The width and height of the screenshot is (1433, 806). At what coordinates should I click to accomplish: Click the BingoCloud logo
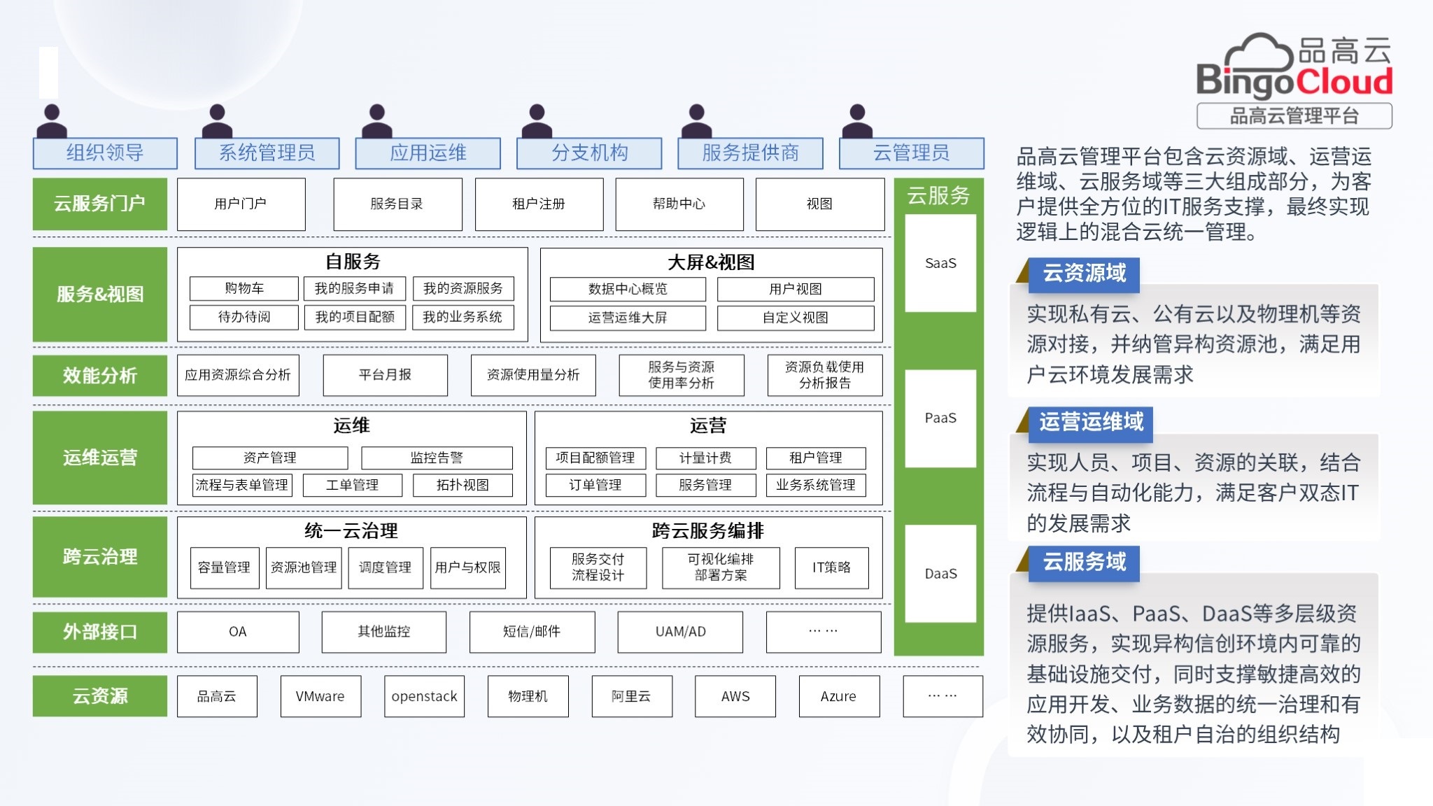point(1294,67)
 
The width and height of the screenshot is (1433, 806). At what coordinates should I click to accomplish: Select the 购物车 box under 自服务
point(243,288)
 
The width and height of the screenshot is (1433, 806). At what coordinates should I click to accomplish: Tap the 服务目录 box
point(397,204)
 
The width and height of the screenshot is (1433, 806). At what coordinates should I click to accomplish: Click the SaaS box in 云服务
point(940,263)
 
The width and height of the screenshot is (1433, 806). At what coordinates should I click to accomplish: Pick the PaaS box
point(940,418)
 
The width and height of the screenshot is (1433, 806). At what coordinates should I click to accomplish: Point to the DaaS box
point(940,574)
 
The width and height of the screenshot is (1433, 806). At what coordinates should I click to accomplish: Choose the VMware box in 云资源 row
point(320,696)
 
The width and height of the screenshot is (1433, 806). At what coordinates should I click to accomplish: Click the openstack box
point(424,696)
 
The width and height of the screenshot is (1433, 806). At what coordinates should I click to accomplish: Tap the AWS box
point(735,696)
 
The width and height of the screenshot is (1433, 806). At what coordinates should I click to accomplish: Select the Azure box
point(838,696)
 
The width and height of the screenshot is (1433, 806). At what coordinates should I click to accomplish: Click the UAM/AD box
point(680,632)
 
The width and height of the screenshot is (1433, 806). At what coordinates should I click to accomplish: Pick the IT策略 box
point(831,567)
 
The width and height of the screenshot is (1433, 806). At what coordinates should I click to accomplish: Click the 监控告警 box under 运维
point(437,458)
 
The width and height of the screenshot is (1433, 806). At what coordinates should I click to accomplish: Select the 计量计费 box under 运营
point(705,458)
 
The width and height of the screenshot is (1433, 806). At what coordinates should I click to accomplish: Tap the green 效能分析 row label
point(100,376)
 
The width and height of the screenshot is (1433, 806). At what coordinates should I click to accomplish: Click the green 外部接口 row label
point(100,632)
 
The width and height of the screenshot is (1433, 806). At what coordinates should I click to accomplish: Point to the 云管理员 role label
point(911,153)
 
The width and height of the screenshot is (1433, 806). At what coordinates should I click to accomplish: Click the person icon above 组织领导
point(52,121)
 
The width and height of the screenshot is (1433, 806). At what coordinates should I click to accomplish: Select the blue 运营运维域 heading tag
point(1091,423)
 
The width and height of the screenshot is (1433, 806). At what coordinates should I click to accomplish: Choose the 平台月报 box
point(385,375)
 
